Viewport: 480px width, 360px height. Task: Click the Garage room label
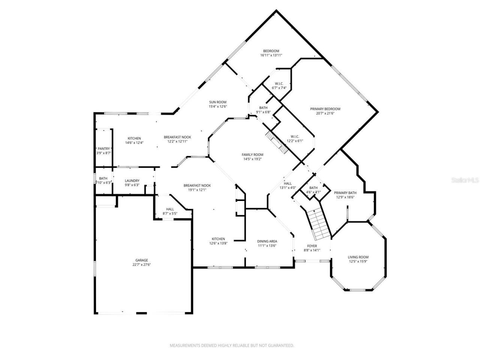coord(141,260)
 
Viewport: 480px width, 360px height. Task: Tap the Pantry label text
coord(103,149)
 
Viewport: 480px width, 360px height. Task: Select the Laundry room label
coord(132,181)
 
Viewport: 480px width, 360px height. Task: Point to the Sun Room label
coord(217,102)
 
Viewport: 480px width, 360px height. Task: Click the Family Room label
coord(252,154)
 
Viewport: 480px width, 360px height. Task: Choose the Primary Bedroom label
coord(325,109)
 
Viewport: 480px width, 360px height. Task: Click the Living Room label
coord(358,257)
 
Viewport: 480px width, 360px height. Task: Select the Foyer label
coord(312,246)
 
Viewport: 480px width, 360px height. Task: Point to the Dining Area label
coord(267,241)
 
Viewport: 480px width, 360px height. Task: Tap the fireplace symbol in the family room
coord(276,142)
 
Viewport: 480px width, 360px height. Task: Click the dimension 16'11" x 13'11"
coord(271,55)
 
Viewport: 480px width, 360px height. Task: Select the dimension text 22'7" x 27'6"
coord(141,265)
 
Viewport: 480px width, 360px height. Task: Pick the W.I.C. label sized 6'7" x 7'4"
coord(279,84)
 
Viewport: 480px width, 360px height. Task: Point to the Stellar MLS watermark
coord(465,180)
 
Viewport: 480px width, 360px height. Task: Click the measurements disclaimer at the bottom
coord(232,345)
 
